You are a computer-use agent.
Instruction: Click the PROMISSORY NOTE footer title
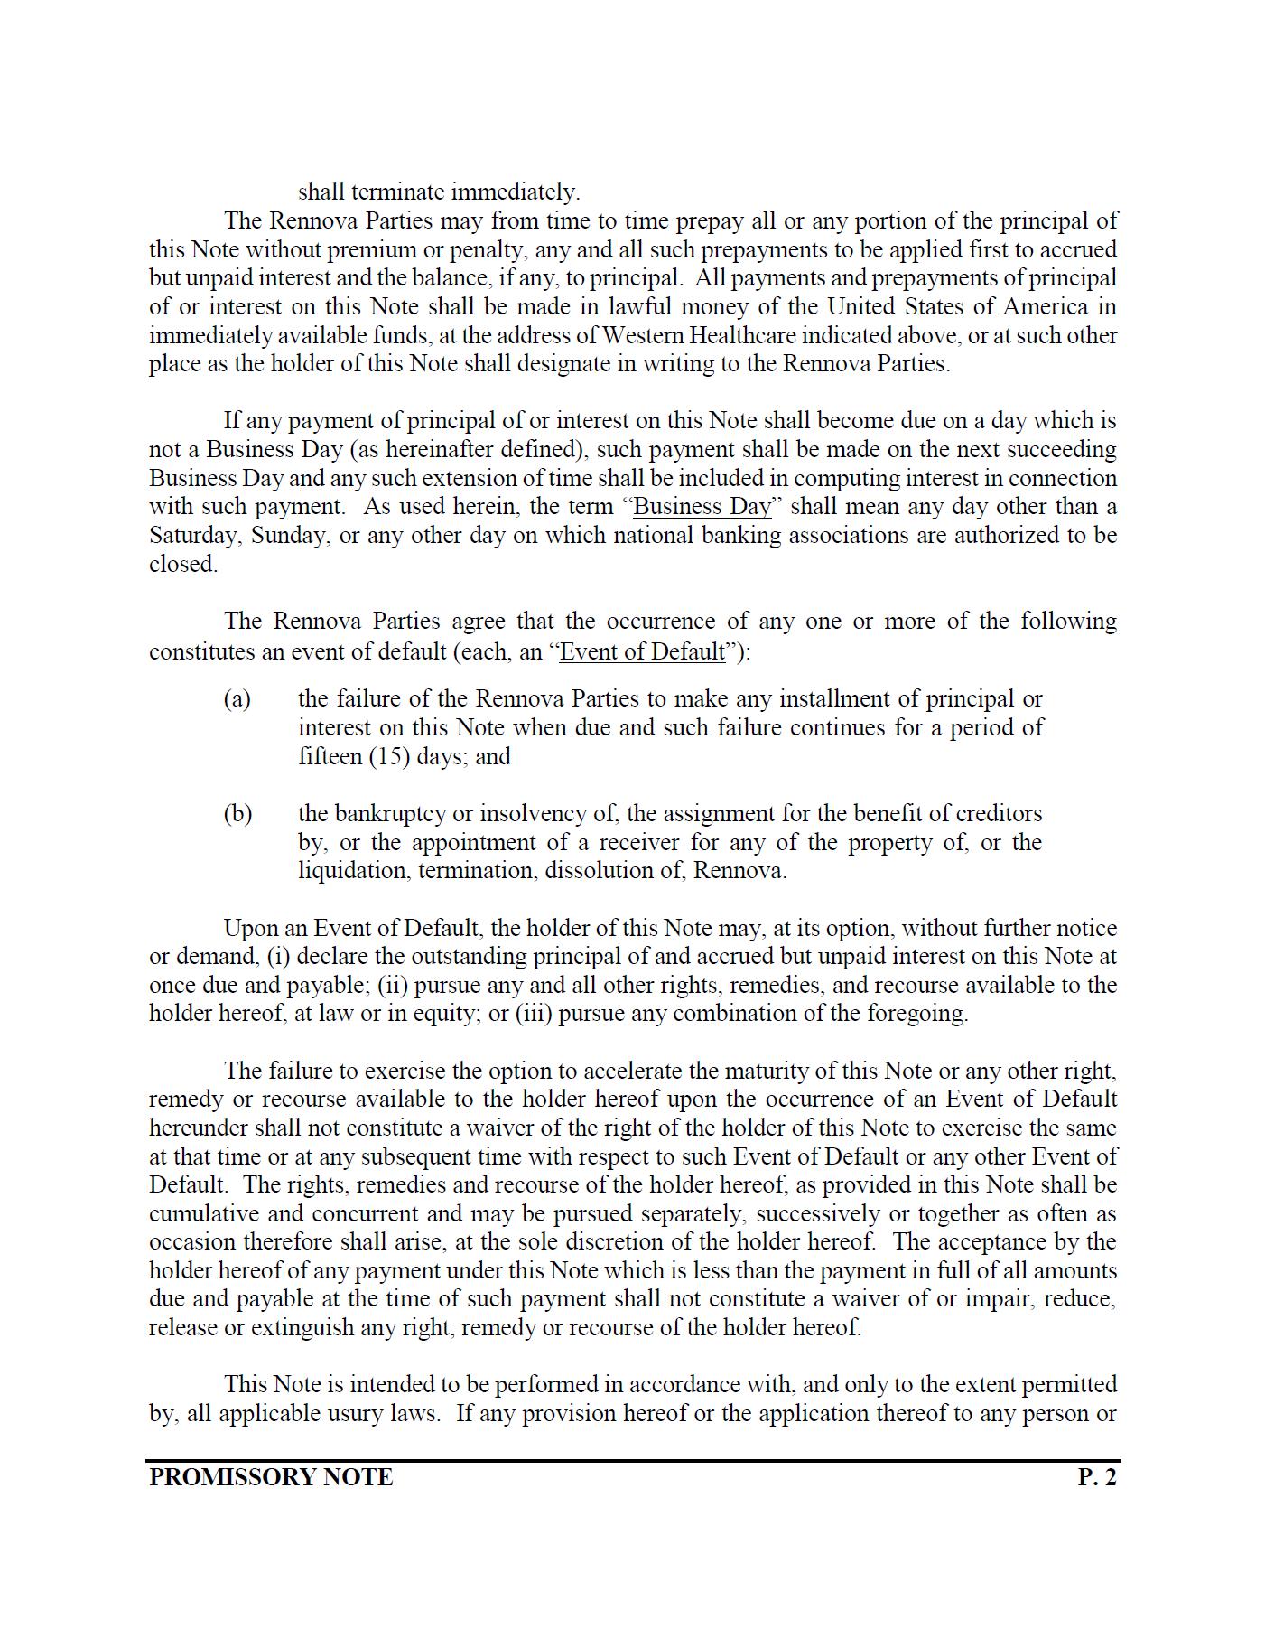(271, 1477)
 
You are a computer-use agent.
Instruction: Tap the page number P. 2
(1097, 1477)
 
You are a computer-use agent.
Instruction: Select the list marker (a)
(237, 698)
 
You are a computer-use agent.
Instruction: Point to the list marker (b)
(237, 813)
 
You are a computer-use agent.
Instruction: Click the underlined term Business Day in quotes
(702, 506)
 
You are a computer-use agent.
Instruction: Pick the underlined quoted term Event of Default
(642, 651)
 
